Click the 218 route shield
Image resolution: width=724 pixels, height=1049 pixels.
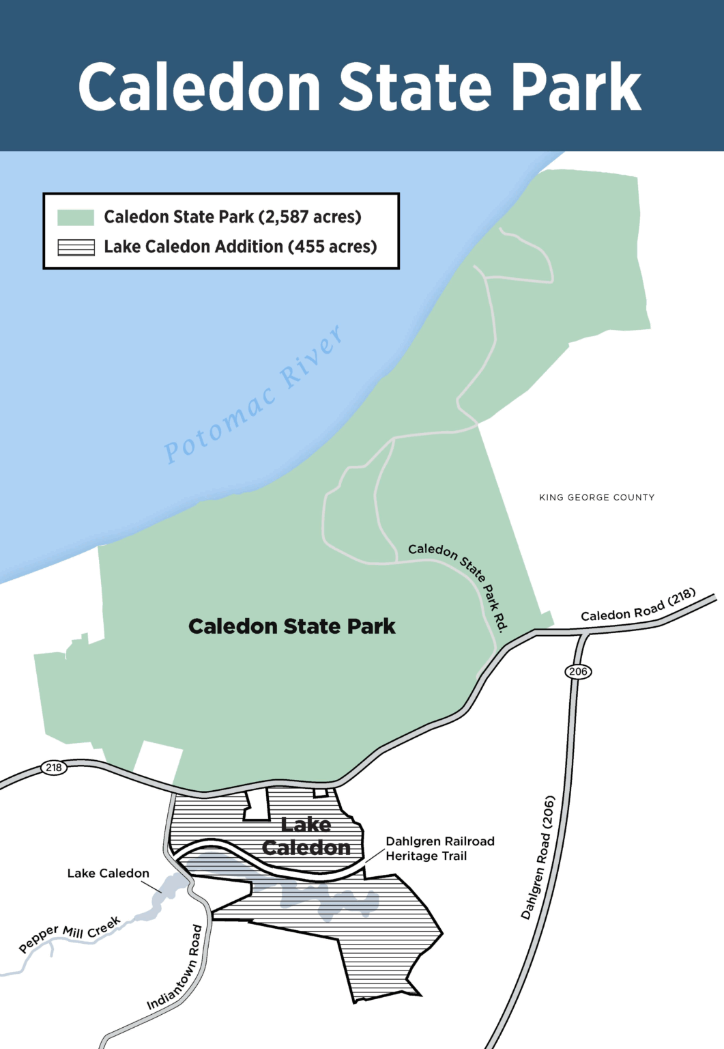pyautogui.click(x=54, y=767)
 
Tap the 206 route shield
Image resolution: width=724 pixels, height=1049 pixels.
pyautogui.click(x=578, y=671)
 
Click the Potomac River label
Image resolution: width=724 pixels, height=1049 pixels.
pyautogui.click(x=254, y=395)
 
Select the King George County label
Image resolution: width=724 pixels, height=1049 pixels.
pyautogui.click(x=596, y=497)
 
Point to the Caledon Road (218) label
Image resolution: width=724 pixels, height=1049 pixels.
pyautogui.click(x=638, y=605)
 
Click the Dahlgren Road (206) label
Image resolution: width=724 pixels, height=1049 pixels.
pyautogui.click(x=538, y=857)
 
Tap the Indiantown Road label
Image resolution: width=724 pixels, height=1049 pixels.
pyautogui.click(x=175, y=967)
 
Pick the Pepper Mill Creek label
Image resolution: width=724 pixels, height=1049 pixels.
pyautogui.click(x=70, y=934)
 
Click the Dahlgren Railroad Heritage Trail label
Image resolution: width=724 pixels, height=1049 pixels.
pyautogui.click(x=439, y=848)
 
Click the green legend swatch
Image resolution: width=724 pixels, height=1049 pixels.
pyautogui.click(x=76, y=217)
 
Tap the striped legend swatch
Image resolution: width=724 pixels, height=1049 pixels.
pyautogui.click(x=76, y=247)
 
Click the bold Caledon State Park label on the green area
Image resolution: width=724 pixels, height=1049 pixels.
pyautogui.click(x=291, y=626)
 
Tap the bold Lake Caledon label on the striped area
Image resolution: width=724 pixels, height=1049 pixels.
pyautogui.click(x=306, y=836)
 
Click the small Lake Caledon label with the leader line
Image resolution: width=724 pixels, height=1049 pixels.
pyautogui.click(x=108, y=873)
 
